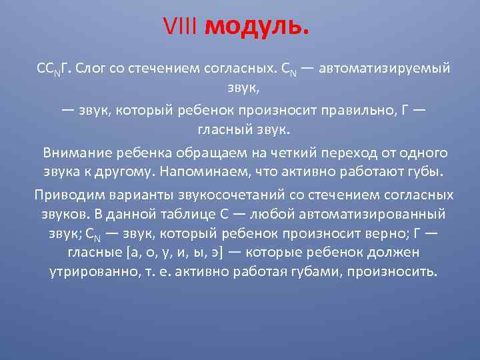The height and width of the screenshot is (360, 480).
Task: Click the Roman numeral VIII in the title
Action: pos(181,28)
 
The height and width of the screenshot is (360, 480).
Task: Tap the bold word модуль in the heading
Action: pos(257,28)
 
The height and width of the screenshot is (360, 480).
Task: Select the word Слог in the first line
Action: pos(92,69)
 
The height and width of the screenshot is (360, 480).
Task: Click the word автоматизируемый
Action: pos(385,69)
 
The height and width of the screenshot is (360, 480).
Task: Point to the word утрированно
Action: pos(89,273)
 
